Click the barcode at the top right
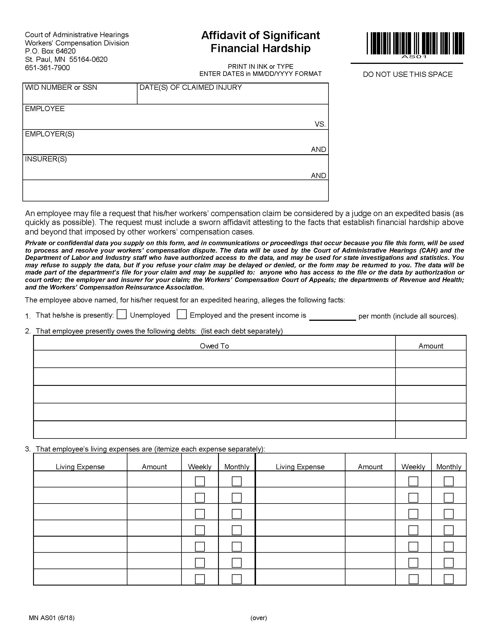tap(415, 43)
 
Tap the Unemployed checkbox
tap(122, 314)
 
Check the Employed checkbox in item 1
tap(182, 314)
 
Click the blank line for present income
tap(332, 316)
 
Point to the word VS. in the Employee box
tap(320, 124)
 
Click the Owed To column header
tap(214, 346)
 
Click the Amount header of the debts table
tap(431, 346)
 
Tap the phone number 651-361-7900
tap(47, 68)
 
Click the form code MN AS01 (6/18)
tap(51, 618)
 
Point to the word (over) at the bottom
tap(258, 618)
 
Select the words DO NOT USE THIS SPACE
tap(408, 75)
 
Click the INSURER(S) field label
tap(46, 159)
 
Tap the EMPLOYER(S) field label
tap(49, 134)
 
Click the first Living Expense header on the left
tap(80, 467)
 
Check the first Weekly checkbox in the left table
tap(200, 481)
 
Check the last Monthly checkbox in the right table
tap(448, 579)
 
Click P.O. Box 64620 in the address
tap(50, 51)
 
